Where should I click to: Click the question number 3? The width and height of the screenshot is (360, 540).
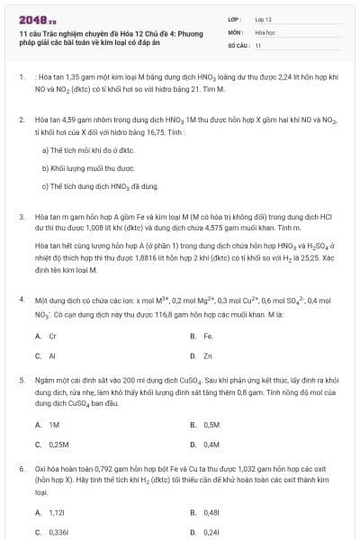[x=21, y=217]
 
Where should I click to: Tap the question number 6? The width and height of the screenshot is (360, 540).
[x=21, y=469]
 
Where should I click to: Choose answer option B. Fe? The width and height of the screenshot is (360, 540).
[x=202, y=336]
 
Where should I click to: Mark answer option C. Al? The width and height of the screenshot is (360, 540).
[x=46, y=355]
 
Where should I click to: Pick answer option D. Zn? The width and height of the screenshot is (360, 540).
[x=202, y=355]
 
